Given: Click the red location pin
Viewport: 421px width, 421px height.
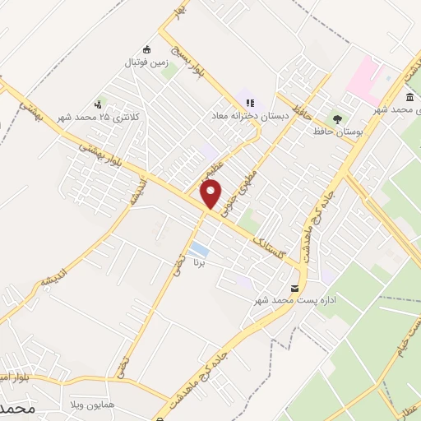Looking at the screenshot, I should [x=211, y=194].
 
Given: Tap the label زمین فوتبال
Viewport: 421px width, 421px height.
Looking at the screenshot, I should [x=145, y=62].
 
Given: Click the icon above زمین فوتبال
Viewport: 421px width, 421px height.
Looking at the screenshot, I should [x=147, y=49].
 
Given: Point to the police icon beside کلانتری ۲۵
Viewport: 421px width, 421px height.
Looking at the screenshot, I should [x=99, y=104].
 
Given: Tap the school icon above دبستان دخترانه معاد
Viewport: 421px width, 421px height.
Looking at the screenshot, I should [x=250, y=104].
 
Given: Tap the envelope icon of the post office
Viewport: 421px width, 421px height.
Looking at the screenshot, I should [x=295, y=288].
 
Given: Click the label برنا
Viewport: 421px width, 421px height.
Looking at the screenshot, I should [x=197, y=265].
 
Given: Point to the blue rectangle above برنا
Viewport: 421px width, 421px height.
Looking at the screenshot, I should [x=197, y=249].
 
